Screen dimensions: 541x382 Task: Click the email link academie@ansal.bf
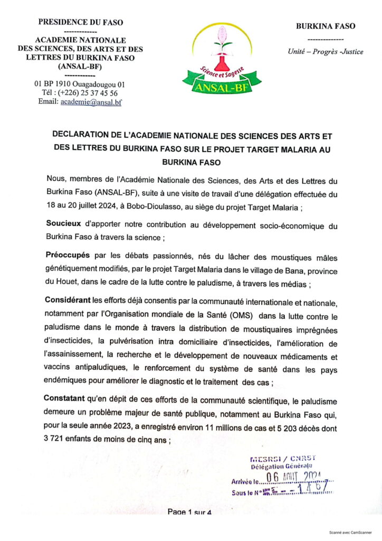[x=91, y=102]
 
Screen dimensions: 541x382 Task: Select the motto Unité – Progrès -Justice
[x=325, y=52]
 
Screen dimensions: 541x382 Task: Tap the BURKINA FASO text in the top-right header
[x=325, y=26]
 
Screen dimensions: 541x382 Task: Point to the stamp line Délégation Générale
[x=282, y=465]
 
